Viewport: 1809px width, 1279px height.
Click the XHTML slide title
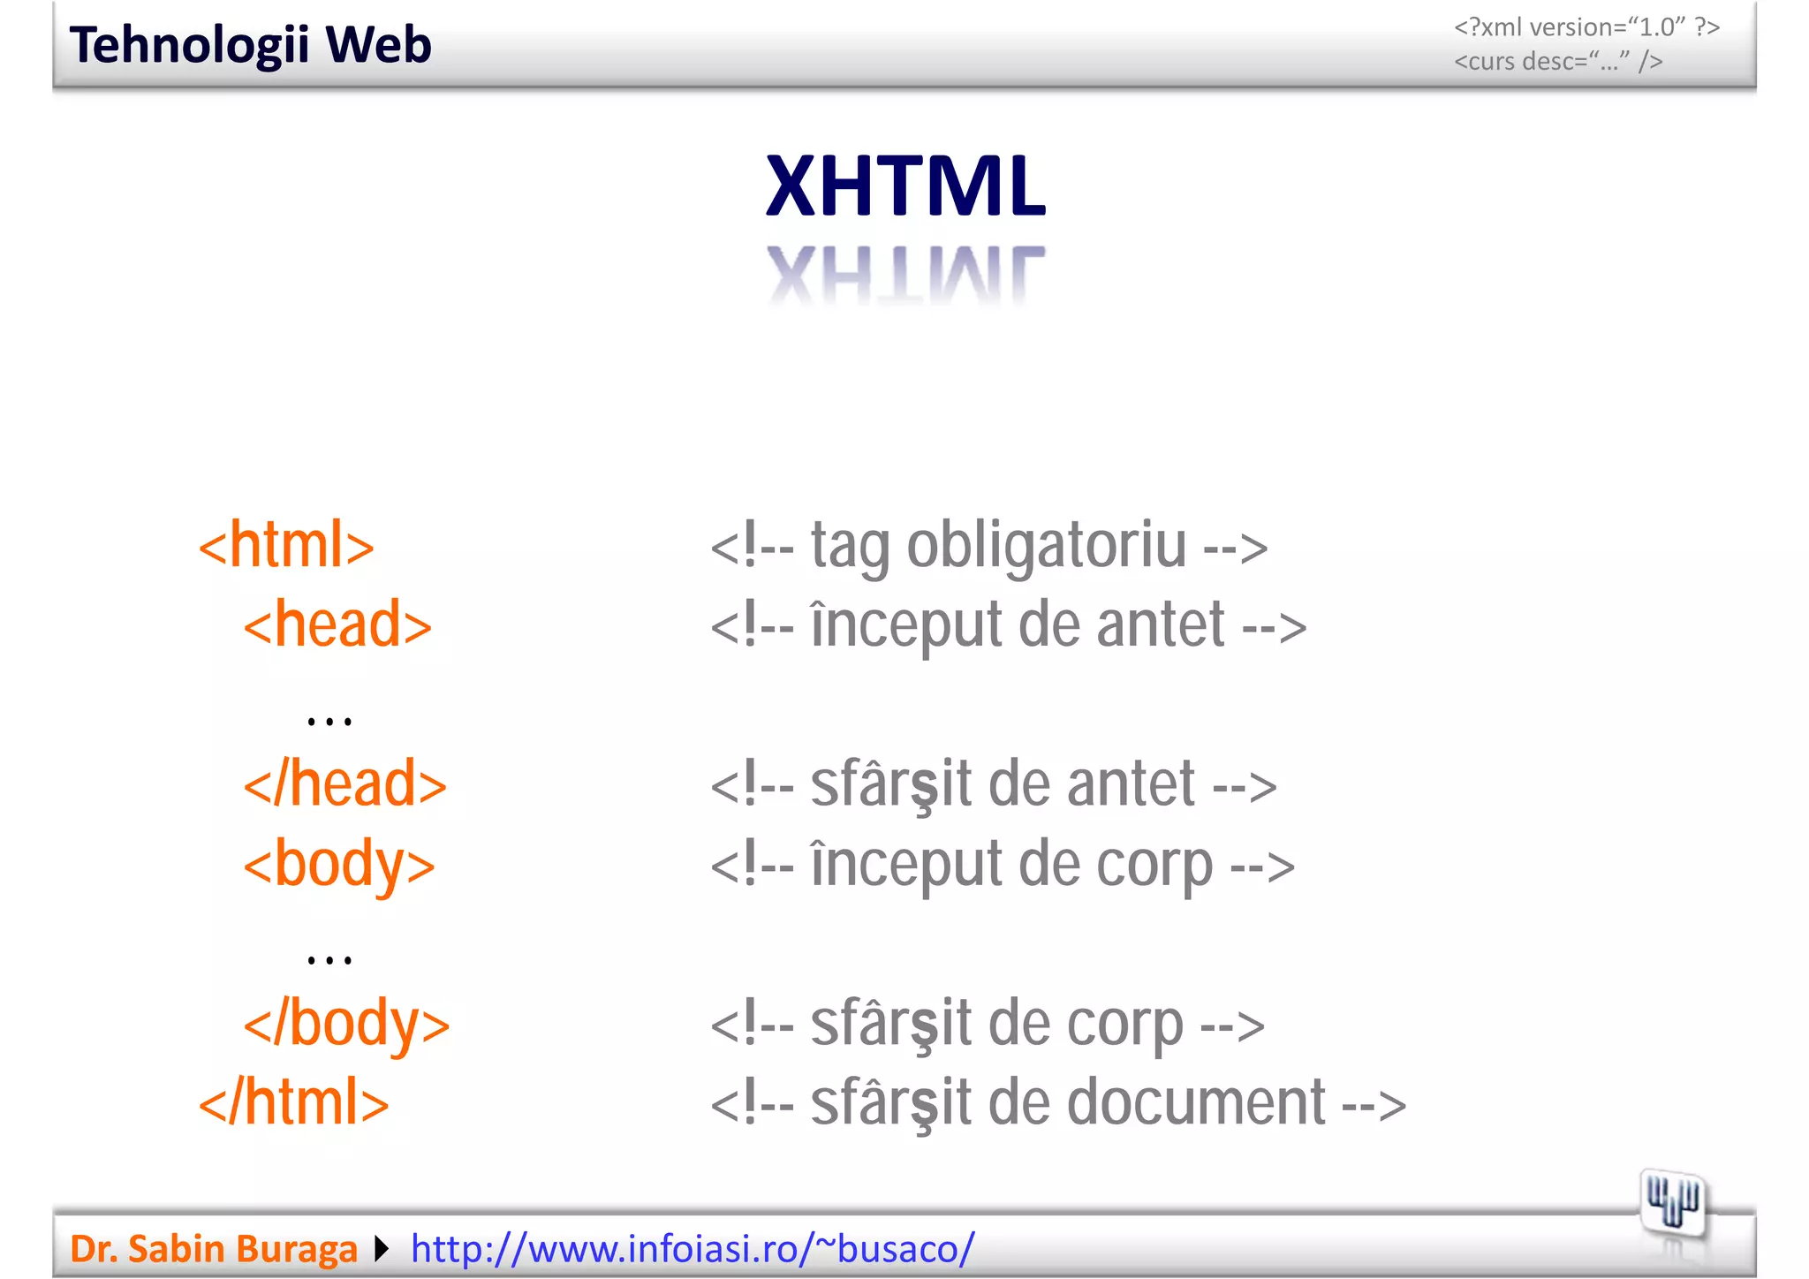pos(905,186)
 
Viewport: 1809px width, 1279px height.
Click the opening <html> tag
pos(286,545)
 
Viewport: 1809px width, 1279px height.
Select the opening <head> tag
pos(337,624)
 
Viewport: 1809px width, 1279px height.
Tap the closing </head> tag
pos(345,784)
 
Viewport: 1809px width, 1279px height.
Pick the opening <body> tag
pos(339,865)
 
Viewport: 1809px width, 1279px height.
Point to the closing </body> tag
pos(347,1024)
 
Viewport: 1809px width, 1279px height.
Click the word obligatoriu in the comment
pos(1047,547)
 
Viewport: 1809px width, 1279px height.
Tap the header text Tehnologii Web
pos(251,45)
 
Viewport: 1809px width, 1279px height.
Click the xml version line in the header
pos(1586,27)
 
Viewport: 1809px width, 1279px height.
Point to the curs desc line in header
pos(1558,62)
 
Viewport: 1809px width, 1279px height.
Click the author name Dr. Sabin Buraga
pos(214,1249)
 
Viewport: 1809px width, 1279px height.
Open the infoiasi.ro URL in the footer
pos(693,1249)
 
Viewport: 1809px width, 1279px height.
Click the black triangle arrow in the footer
pos(382,1249)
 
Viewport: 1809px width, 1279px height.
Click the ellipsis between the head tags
pos(329,721)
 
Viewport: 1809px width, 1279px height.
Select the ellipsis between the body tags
pos(329,958)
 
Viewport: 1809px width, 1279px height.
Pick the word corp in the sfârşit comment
pos(1124,1025)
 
